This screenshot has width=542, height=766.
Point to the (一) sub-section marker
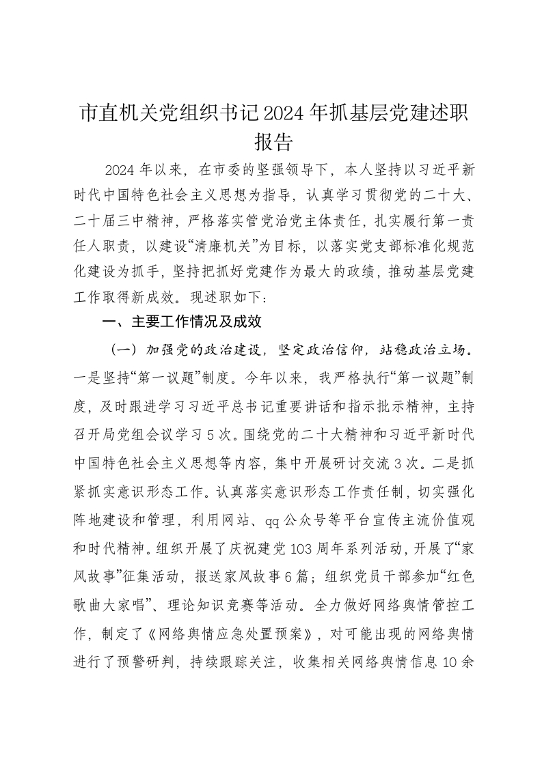125,350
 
